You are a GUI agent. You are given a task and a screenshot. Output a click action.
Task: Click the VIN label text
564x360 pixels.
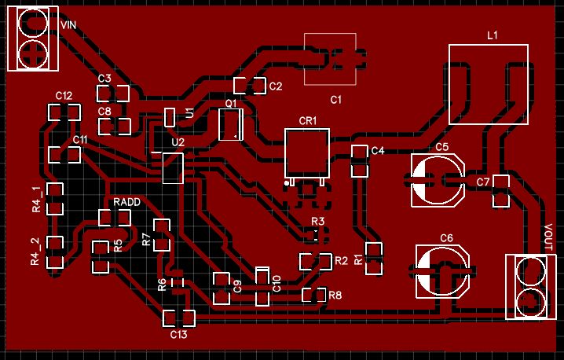coord(68,25)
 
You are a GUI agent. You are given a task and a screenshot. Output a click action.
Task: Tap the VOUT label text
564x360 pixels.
coord(549,237)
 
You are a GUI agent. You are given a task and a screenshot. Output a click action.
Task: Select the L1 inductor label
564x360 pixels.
coord(493,35)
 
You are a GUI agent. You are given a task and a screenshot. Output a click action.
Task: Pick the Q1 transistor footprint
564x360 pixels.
coord(230,124)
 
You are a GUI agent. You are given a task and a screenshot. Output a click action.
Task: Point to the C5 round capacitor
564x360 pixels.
coord(438,182)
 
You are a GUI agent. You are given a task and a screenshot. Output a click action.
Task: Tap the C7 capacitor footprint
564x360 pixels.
coord(500,191)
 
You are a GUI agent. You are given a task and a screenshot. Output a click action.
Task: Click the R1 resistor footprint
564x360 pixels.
coord(374,259)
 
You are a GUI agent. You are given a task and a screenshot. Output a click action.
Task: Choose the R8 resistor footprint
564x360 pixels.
coord(314,296)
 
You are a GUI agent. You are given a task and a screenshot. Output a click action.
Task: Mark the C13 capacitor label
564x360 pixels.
coord(179,335)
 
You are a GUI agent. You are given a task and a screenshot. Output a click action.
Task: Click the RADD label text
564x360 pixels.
coord(126,202)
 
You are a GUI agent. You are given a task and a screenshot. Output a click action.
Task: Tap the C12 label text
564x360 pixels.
coord(64,95)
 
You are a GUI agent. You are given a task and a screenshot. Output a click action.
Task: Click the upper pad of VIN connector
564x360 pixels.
coord(34,23)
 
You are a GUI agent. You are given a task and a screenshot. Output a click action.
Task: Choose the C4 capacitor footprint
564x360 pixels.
coord(359,160)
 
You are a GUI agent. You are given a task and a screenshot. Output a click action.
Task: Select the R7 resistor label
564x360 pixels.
coord(146,240)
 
